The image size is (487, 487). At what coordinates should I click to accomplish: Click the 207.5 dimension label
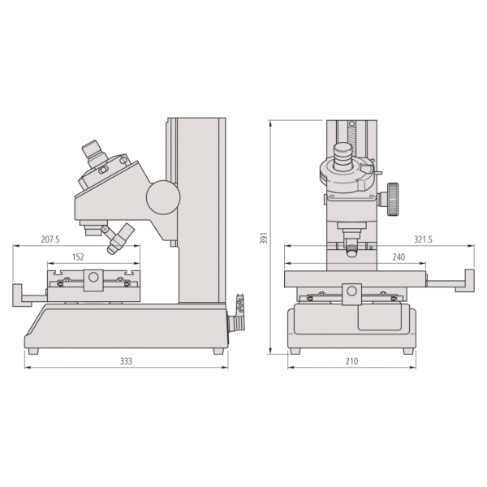pyautogui.click(x=50, y=239)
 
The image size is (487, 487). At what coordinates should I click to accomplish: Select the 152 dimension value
pyautogui.click(x=78, y=256)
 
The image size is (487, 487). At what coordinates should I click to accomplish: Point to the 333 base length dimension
pyautogui.click(x=126, y=360)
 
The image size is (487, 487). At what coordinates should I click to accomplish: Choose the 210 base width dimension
pyautogui.click(x=351, y=360)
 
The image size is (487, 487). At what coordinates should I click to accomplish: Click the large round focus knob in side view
pyautogui.click(x=162, y=196)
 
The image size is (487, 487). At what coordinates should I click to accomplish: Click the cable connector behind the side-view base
pyautogui.click(x=239, y=312)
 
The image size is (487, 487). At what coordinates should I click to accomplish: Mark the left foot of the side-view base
pyautogui.click(x=32, y=351)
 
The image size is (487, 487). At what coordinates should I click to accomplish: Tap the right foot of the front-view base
pyautogui.click(x=408, y=351)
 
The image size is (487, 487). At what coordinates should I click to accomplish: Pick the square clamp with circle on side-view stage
pyautogui.click(x=94, y=278)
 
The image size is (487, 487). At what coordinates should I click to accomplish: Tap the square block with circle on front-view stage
pyautogui.click(x=351, y=293)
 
